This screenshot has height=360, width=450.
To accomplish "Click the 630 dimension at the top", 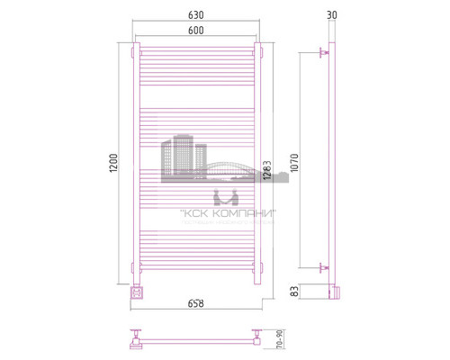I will click(x=195, y=15).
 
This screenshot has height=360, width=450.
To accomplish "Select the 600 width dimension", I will click(x=195, y=31).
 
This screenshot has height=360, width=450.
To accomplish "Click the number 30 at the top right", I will click(x=333, y=15).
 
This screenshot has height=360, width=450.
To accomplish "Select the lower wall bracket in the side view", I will click(x=324, y=267).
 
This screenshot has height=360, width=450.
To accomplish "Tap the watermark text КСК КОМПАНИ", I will click(x=227, y=213).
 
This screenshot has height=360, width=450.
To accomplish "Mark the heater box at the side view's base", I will click(x=334, y=291).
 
